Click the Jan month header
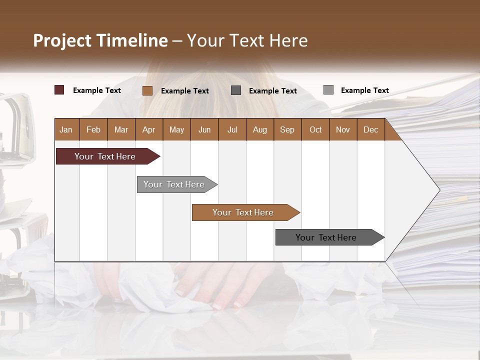[x=66, y=130]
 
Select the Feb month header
[x=93, y=130]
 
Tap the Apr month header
[x=148, y=130]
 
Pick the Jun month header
[x=204, y=130]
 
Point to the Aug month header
[x=259, y=130]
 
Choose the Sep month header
[x=287, y=130]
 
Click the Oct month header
[x=315, y=130]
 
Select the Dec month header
[x=370, y=130]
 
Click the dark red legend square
[x=59, y=90]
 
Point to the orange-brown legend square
[x=147, y=90]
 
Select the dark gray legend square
[x=236, y=90]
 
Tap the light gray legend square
[x=328, y=90]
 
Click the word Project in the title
[x=62, y=40]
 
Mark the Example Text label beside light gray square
[x=364, y=90]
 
